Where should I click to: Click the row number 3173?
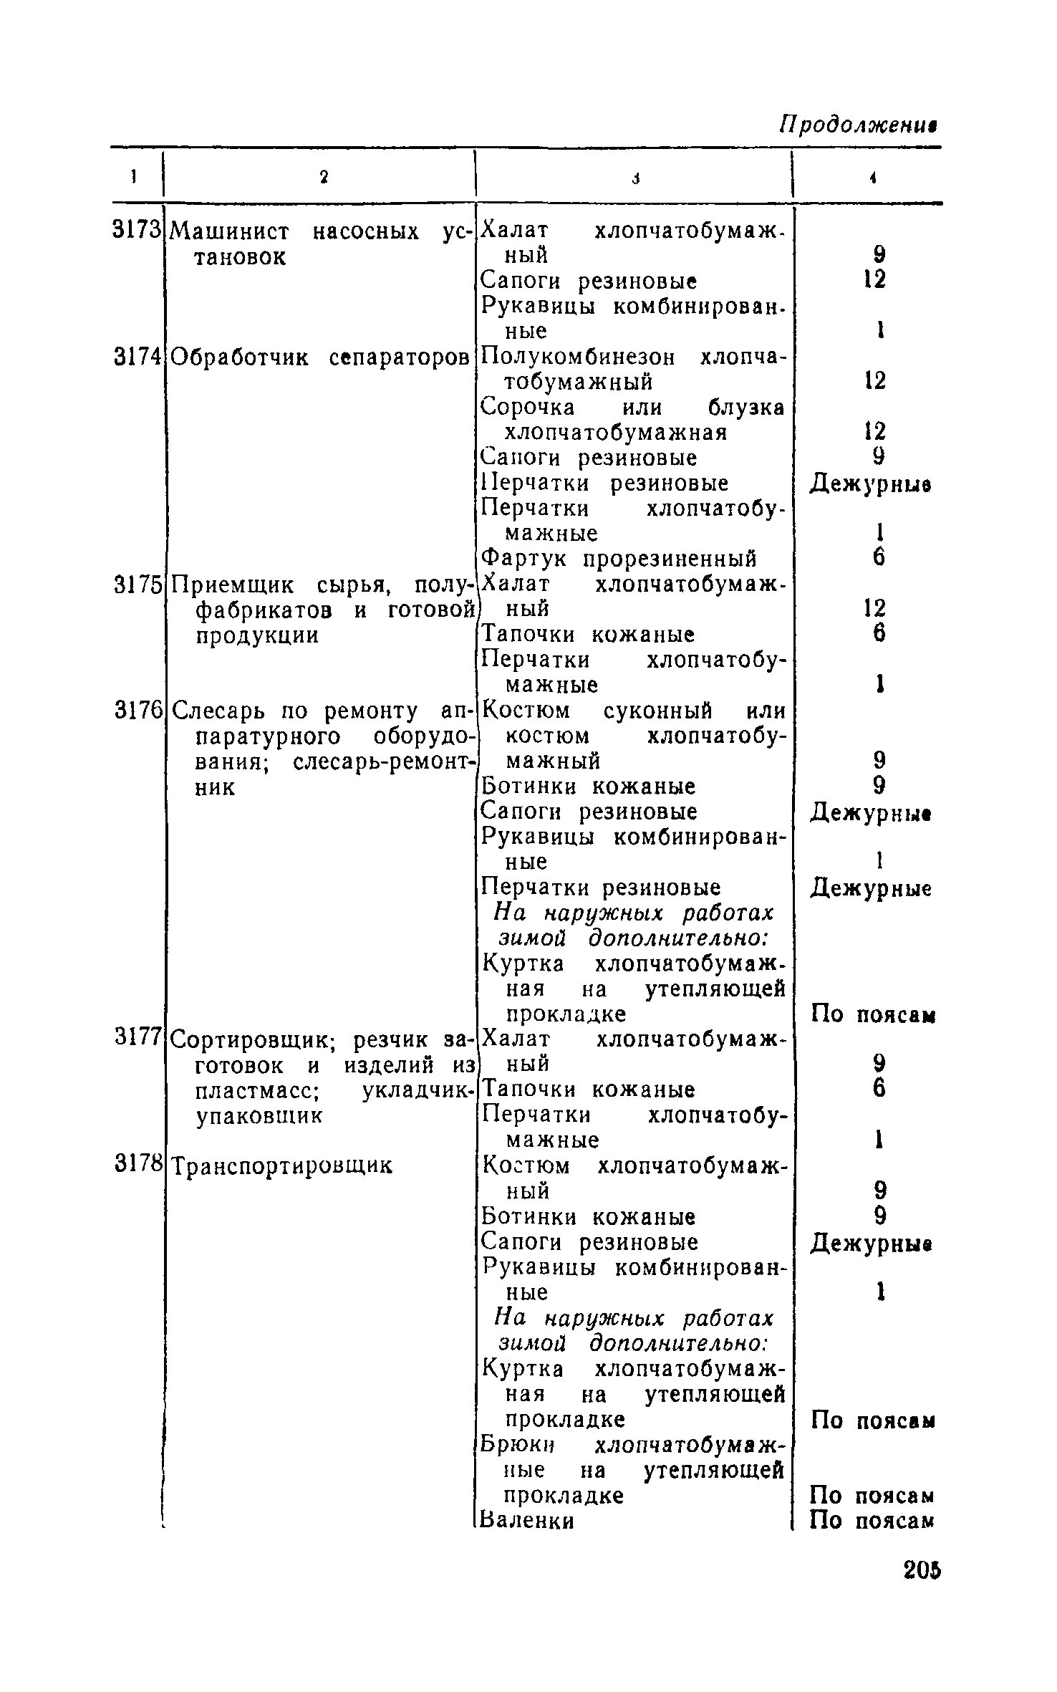pos(135,230)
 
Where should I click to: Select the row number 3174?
pos(135,357)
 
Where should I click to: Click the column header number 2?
pos(324,178)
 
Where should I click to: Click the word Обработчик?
pos(241,357)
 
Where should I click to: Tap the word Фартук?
pos(527,558)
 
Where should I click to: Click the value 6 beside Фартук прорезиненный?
pos(879,557)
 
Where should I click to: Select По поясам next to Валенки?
pos(872,1520)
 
